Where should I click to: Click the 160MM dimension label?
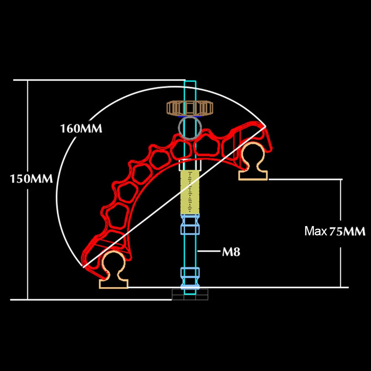tap(81, 129)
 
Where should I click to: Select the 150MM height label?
tap(31, 179)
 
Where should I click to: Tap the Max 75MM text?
tap(335, 231)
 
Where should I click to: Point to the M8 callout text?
tap(231, 252)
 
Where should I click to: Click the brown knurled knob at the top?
tap(190, 108)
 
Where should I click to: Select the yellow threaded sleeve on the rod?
tap(190, 192)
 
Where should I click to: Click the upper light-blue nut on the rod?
tap(190, 224)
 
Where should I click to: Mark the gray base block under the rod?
tap(190, 295)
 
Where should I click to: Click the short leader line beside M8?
tap(209, 251)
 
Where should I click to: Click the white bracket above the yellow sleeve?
tap(190, 165)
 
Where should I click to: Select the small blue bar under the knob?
tap(190, 116)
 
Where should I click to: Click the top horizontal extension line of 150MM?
tap(99, 80)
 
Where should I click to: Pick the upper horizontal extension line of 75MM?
tap(305, 179)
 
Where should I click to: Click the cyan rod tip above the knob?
tap(190, 91)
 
